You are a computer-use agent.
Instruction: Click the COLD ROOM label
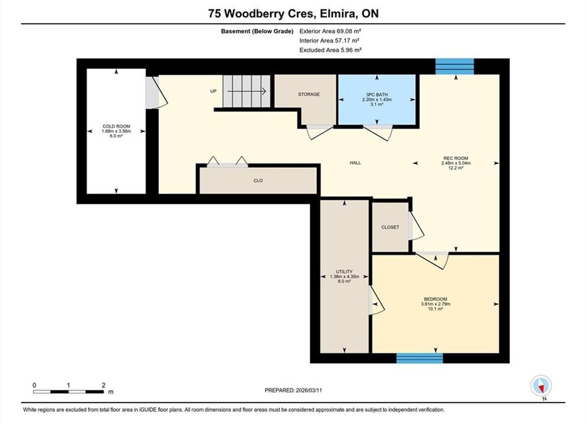coord(116,126)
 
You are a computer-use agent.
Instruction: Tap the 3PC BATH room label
coord(377,95)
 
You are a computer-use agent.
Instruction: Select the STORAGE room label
coord(309,94)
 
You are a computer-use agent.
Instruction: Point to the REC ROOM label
coord(456,158)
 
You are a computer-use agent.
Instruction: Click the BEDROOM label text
coord(436,299)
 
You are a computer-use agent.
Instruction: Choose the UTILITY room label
coord(344,272)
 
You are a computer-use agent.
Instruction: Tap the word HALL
coord(355,162)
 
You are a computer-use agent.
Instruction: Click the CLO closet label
coord(258,181)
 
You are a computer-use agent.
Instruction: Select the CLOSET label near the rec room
coord(390,227)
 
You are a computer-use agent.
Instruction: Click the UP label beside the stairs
coord(214,91)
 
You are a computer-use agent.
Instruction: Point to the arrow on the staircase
coord(247,91)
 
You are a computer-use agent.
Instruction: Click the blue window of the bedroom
coord(420,358)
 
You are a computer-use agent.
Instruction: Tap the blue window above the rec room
coord(455,67)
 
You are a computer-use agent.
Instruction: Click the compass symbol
coord(541,386)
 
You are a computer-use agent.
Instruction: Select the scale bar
coord(68,392)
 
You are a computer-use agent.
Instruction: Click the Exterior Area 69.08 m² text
coord(330,31)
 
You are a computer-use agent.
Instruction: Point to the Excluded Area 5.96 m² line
coord(330,50)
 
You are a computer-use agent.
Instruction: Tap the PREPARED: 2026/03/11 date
coord(293,390)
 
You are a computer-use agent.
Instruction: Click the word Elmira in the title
coord(335,14)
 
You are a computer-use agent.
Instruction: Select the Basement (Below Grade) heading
coord(257,31)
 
